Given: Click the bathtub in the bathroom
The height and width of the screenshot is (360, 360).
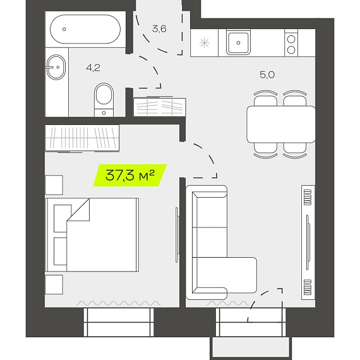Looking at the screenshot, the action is pos(85,29).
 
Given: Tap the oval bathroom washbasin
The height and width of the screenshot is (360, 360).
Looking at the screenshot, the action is pos(56,68).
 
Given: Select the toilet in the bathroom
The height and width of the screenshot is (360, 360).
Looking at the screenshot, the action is pos(104,100).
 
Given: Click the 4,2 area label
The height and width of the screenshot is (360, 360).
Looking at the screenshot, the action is pos(93,68).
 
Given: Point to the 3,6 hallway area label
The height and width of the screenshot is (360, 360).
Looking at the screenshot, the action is pos(159,29).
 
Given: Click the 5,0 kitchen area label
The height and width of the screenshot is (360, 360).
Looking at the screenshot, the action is pos(267,75).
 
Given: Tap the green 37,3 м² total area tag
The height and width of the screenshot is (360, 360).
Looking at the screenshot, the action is pos(130,175).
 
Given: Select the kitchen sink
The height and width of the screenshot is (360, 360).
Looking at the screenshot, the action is pos(238,42).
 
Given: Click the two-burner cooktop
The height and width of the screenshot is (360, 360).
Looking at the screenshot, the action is pos(291,43).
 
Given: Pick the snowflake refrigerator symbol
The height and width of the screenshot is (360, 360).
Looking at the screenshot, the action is pos(205,43).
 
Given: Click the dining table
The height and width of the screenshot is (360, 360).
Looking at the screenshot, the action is pos(281,124).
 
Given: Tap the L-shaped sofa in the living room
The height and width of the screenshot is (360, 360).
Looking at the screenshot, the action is pos(207,243).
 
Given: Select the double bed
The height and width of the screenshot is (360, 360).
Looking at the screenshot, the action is pos(92,235).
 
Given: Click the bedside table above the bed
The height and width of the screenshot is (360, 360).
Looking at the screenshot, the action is pos(54,185).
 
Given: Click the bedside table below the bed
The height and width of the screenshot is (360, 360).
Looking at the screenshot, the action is pos(54,284).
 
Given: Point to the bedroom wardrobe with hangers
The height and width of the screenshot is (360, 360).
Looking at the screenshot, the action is pos(82,138).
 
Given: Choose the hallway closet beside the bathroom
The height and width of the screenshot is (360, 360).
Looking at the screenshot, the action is pos(160,107).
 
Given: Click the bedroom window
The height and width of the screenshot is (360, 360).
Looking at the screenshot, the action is pos(119,322).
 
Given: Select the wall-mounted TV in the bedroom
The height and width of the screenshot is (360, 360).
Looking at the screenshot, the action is pos(177,235).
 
